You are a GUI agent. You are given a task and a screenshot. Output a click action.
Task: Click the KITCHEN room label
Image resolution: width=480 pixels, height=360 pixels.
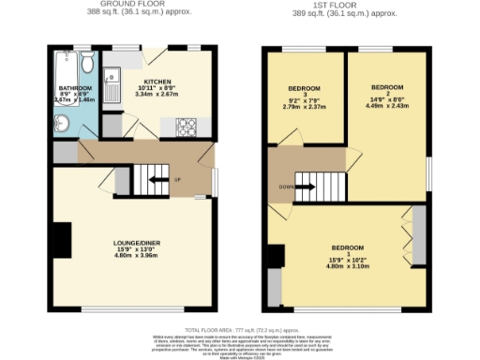[157, 80]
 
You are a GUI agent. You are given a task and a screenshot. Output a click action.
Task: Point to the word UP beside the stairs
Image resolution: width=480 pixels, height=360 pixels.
[178, 180]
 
